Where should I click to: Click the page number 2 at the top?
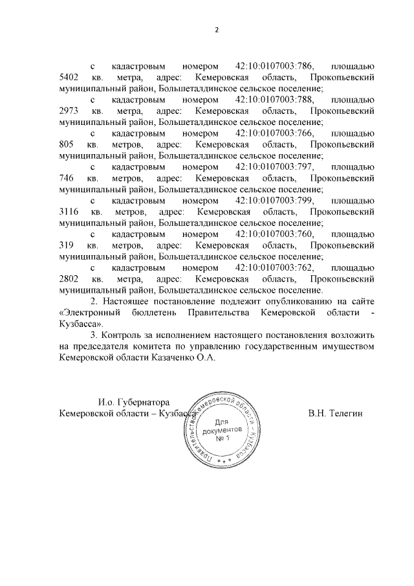click(217, 30)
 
